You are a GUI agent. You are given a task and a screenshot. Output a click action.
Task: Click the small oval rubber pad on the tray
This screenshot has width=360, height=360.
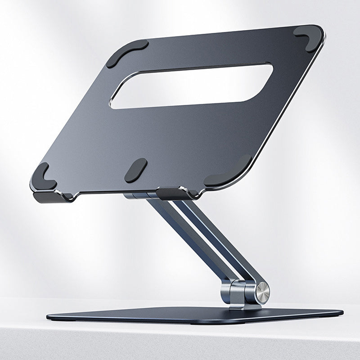135,170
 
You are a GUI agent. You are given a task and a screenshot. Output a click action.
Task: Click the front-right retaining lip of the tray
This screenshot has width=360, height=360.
173,192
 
